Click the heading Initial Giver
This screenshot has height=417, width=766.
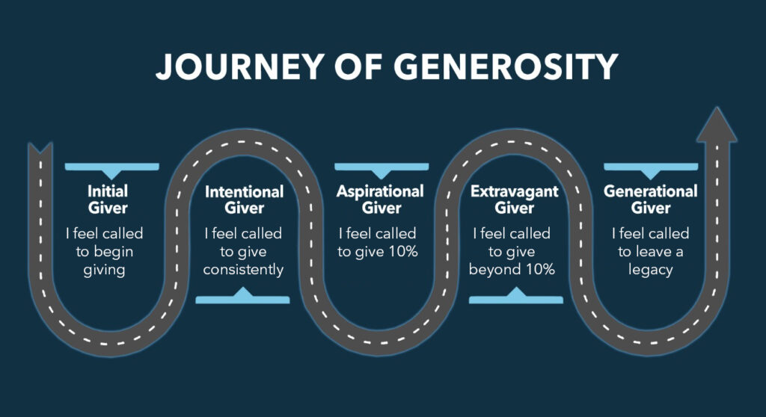[108, 199]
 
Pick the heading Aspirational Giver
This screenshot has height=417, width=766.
[380, 199]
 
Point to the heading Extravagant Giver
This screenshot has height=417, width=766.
[514, 200]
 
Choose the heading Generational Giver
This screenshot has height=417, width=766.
[650, 199]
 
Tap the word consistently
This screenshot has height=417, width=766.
[244, 270]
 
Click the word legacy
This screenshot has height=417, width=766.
[650, 270]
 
